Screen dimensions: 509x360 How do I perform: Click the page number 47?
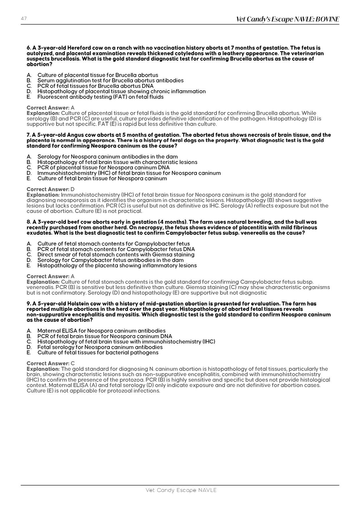24,19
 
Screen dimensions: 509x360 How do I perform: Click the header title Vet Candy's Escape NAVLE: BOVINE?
287,19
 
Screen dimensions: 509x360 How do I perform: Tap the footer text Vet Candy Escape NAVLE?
181,490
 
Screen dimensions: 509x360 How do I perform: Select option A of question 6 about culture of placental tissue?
98,75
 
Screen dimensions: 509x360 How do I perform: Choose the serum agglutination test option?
110,80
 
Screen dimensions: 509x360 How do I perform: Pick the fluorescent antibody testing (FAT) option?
100,97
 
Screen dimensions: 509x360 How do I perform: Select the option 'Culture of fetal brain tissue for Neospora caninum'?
102,178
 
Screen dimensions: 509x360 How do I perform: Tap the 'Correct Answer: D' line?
50,189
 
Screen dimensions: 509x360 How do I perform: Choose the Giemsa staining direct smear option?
116,255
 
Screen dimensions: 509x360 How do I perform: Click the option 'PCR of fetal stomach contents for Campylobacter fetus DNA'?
116,249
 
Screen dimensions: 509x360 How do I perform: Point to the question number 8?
28,222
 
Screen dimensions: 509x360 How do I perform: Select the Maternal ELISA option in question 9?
101,331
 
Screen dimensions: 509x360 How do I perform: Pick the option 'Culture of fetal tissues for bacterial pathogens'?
98,353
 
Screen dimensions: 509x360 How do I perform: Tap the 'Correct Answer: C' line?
50,363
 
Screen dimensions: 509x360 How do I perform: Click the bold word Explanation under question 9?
43,369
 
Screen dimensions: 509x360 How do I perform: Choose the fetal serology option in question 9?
100,347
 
